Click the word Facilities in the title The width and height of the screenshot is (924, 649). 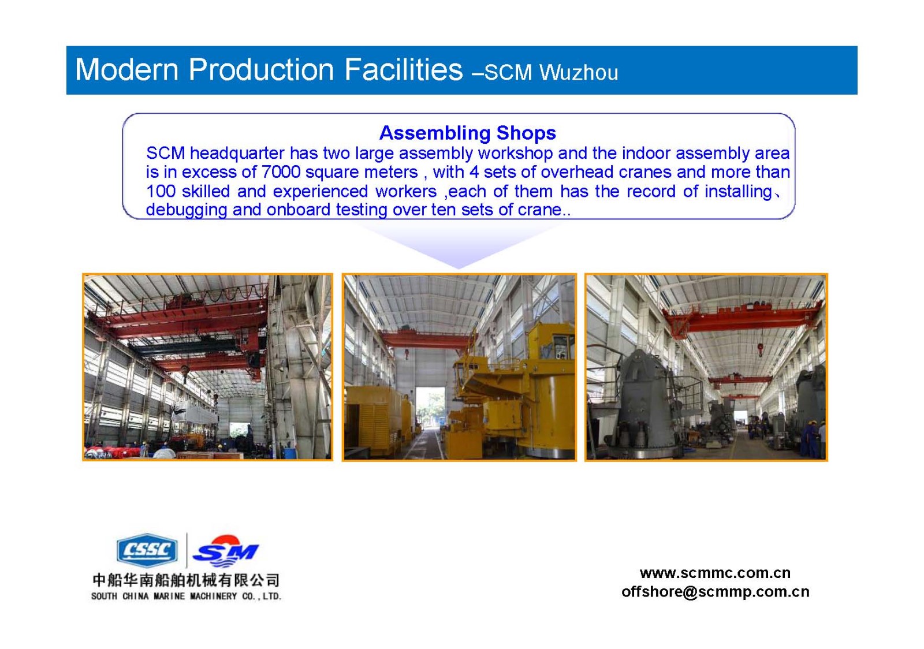404,69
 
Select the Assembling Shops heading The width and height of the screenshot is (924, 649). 467,133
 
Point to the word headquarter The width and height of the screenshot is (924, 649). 237,154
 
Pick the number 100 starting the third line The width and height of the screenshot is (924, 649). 161,191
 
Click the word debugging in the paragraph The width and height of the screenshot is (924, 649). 187,210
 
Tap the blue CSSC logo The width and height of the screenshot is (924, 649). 147,550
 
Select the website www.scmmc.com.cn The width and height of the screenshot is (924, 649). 715,573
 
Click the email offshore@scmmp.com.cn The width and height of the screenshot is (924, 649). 715,592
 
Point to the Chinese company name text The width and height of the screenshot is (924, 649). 186,580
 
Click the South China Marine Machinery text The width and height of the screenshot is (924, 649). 186,596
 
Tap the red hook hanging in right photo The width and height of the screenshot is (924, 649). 760,350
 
